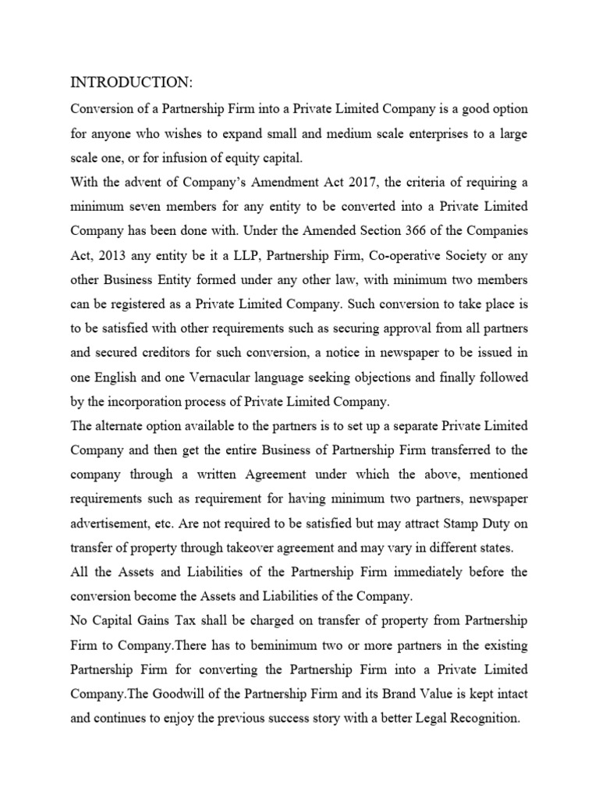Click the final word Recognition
481,719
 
